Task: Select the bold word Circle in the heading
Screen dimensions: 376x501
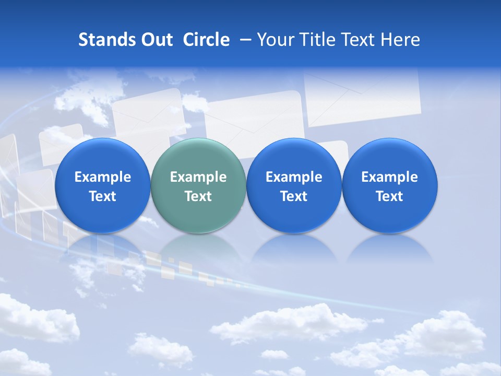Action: pos(206,40)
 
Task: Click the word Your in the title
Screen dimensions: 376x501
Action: pos(273,40)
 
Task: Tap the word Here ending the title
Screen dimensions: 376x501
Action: pos(400,40)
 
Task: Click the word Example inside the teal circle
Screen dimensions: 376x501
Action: pos(198,177)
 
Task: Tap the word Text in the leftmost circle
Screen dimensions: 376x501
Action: pos(103,196)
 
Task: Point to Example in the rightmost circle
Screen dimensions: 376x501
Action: pos(389,177)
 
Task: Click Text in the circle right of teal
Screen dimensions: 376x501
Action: pos(294,196)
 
